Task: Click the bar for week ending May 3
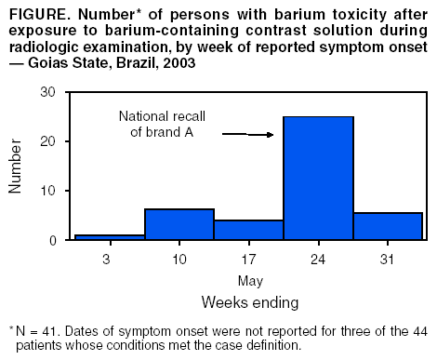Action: tap(110, 237)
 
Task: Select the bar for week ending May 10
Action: tap(179, 224)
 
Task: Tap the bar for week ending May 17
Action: tap(248, 230)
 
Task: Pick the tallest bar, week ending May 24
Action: tap(318, 178)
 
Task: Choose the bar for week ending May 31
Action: tap(388, 226)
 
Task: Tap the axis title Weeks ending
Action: tap(248, 302)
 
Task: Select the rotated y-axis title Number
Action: tap(16, 167)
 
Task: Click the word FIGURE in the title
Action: tap(38, 16)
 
